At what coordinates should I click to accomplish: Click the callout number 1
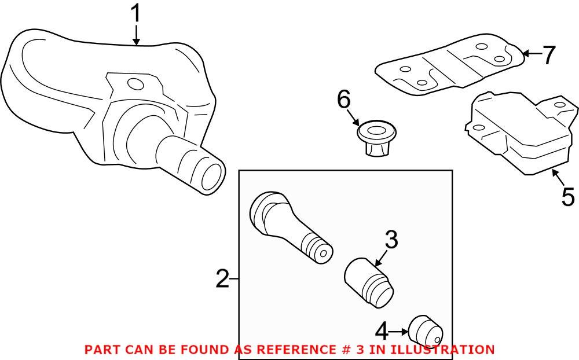coord(135,14)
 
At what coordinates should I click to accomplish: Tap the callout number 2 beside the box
coord(222,280)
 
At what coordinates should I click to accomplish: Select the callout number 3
coord(391,240)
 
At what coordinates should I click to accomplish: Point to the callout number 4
coord(382,332)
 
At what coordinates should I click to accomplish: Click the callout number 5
coord(568,197)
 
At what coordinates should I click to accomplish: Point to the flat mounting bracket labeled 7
coord(449,67)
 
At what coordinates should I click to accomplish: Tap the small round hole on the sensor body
coord(137,85)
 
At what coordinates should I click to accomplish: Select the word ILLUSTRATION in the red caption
coord(443,350)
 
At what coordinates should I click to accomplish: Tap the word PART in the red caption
coord(101,350)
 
